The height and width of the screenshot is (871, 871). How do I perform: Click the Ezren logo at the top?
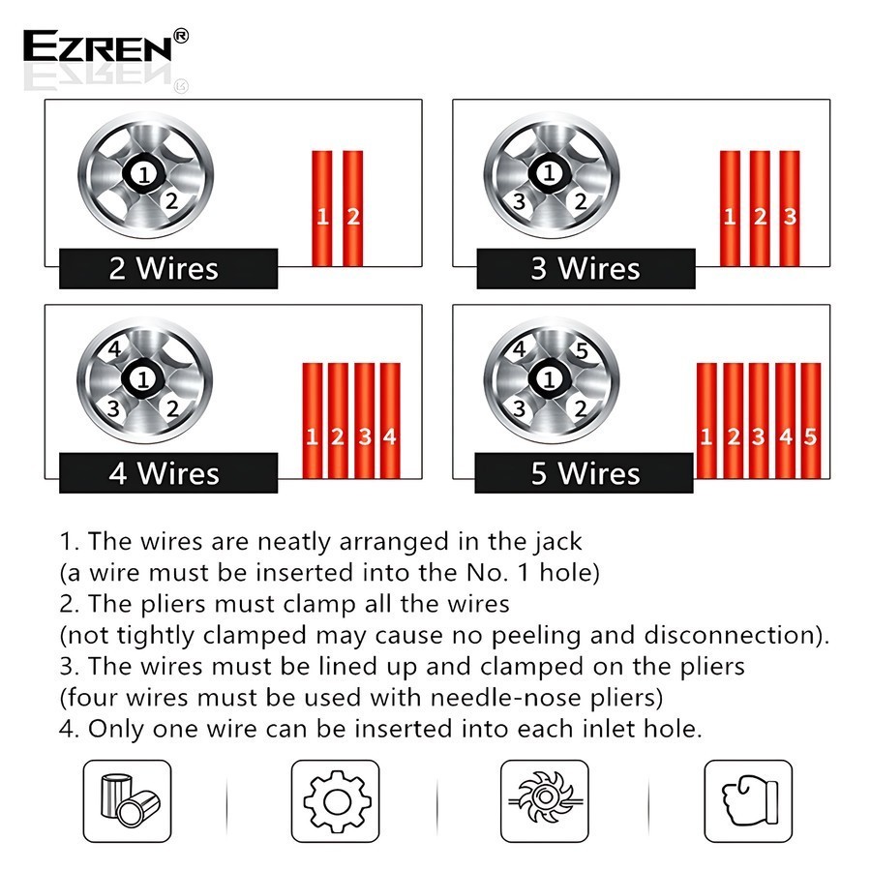coord(105,45)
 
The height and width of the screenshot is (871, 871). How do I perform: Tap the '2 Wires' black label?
coord(168,268)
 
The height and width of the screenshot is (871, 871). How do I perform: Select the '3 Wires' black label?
coord(586,268)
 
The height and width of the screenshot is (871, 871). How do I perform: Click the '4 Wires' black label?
coord(168,472)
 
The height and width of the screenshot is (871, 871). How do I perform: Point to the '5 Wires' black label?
coord(584,472)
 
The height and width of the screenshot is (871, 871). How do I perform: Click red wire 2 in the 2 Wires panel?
coord(352,208)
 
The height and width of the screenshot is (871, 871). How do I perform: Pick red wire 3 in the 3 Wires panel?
coord(790,208)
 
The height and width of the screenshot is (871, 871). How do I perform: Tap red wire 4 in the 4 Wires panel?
coord(390,421)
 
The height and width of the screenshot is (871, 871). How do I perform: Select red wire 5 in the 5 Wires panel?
coord(810,421)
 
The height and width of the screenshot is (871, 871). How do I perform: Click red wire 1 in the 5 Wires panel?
coord(706,421)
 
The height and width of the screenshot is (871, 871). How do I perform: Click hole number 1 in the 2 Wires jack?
coord(144,174)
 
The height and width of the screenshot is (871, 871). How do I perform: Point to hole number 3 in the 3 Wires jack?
coord(520,201)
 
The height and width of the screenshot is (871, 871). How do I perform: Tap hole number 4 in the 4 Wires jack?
coord(115,349)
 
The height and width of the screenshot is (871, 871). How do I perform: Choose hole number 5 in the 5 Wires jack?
coord(581,350)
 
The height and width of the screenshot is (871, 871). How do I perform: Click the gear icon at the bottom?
coord(335,801)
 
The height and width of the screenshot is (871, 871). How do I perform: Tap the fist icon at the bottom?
coord(748,801)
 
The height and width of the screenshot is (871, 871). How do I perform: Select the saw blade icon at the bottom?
coord(544,801)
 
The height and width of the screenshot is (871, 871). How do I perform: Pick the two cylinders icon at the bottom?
coord(127,801)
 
